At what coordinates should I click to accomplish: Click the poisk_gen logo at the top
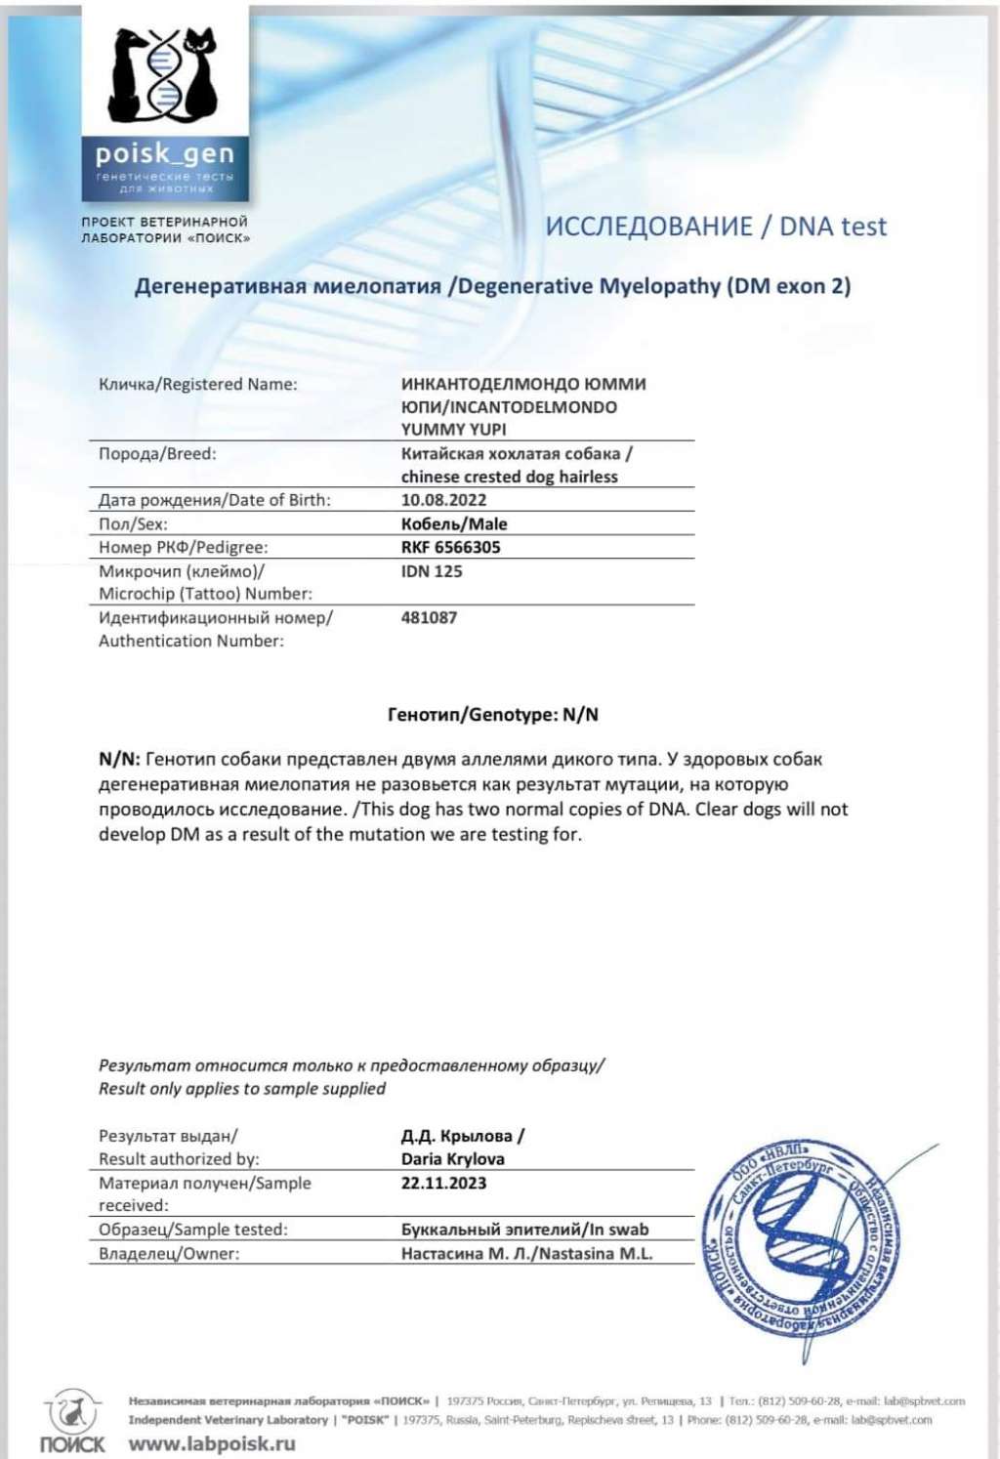(164, 102)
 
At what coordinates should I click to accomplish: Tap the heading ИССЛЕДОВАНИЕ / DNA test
(716, 227)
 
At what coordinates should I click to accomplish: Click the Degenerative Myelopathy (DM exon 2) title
(492, 286)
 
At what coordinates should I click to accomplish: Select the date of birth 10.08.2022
(443, 500)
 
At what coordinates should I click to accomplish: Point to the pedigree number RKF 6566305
(450, 547)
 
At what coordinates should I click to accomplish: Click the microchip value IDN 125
(432, 571)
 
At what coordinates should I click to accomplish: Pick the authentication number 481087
(429, 617)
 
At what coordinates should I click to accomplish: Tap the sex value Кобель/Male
(454, 523)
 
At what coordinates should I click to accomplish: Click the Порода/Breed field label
(157, 454)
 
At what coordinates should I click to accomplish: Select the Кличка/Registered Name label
(197, 384)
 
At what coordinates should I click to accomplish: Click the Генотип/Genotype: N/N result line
(493, 715)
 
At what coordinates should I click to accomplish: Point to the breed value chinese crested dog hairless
(509, 477)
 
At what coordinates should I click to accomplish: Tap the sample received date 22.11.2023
(443, 1183)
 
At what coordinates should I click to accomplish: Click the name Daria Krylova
(452, 1159)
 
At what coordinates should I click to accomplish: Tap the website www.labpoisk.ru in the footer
(212, 1442)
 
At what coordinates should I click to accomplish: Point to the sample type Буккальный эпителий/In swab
(524, 1230)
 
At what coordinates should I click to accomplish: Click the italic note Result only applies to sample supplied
(241, 1089)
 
